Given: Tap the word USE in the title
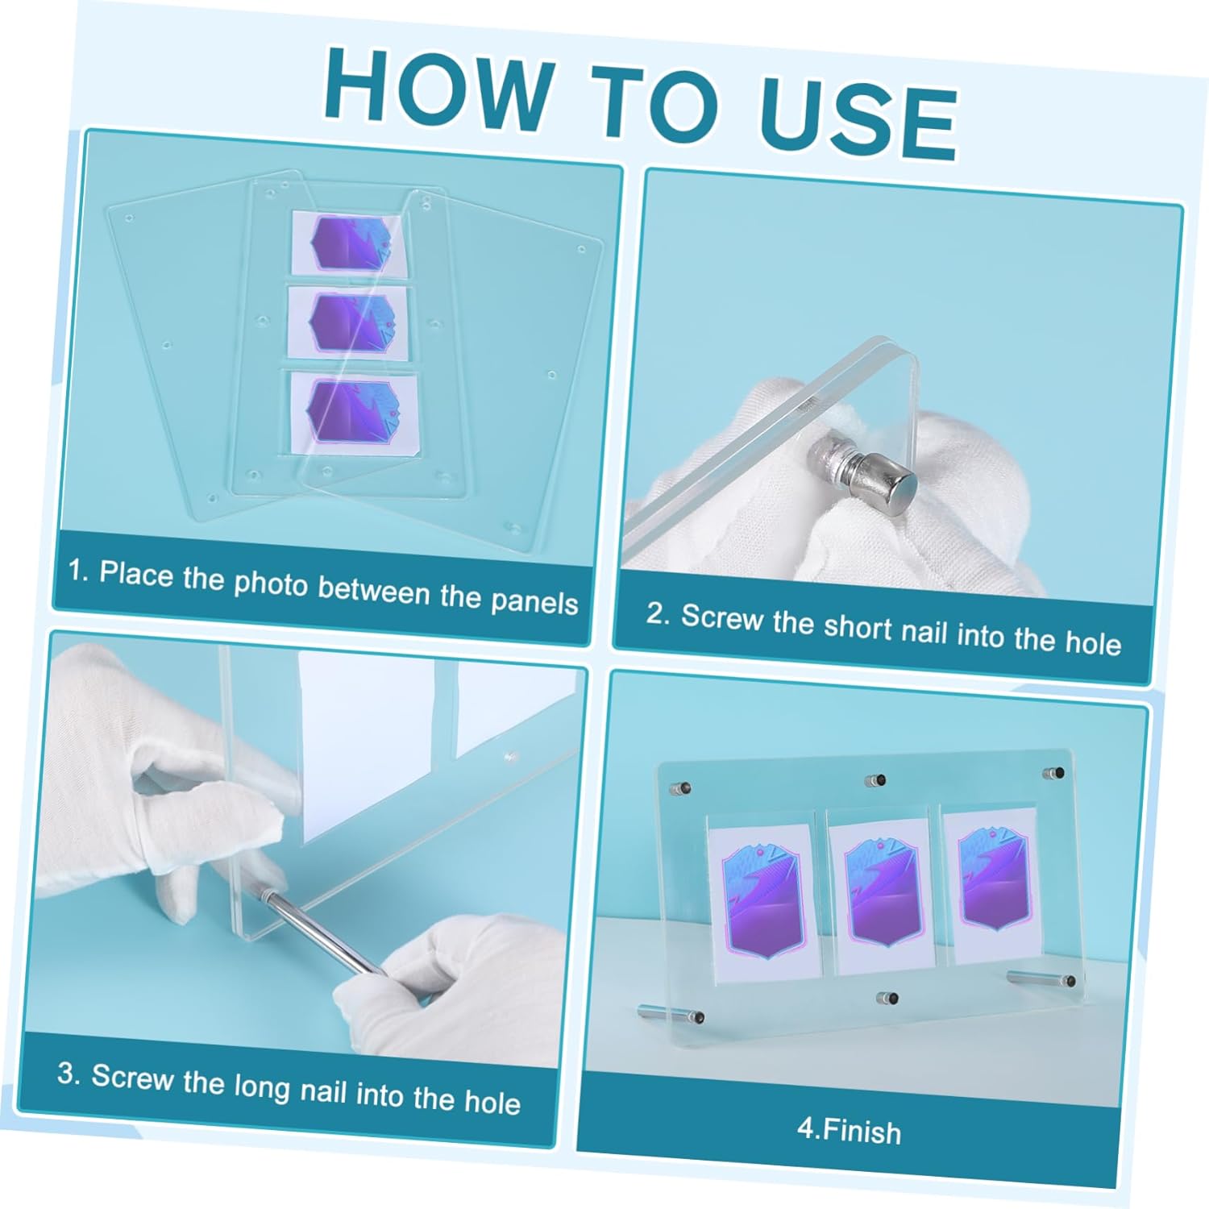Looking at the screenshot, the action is [858, 118].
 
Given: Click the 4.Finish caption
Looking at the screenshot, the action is [849, 1130].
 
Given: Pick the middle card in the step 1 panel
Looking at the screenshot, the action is [349, 324].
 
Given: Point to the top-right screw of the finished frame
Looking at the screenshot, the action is [1055, 774].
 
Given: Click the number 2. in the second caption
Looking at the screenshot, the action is [658, 613].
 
